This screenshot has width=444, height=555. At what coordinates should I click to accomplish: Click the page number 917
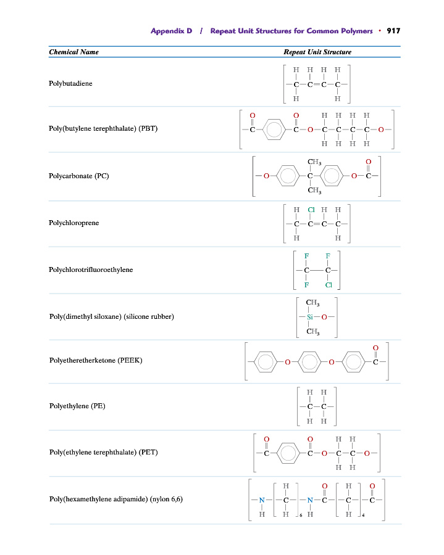(393, 31)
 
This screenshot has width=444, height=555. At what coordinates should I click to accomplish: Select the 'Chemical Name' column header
(73, 52)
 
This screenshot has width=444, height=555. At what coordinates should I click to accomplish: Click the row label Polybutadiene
(70, 83)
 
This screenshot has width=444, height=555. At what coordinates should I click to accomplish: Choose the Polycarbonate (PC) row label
(78, 176)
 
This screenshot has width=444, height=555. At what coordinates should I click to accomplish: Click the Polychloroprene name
(73, 223)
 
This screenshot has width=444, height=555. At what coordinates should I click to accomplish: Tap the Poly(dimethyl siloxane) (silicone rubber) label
(111, 316)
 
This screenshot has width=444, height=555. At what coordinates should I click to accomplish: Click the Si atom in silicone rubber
(312, 316)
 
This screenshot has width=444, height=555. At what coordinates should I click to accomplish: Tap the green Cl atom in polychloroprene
(311, 210)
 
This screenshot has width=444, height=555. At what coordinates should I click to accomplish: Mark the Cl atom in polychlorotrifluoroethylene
(329, 285)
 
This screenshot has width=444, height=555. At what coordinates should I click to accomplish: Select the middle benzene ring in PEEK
(309, 361)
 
